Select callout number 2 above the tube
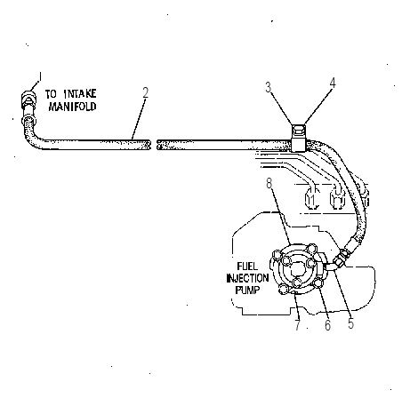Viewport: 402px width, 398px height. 145,92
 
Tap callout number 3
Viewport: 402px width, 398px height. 269,87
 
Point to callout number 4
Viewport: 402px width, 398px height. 333,84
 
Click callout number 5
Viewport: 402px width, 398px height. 351,323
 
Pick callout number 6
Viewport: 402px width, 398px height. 327,325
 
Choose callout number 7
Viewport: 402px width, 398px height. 298,325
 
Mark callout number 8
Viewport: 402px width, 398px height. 269,183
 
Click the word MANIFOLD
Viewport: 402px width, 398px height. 73,107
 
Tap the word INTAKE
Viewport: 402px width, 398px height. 80,94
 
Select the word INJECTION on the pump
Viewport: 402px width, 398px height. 247,278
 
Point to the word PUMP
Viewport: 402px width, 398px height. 247,291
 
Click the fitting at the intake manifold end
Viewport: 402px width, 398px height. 28,100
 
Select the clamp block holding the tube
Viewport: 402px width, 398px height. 298,139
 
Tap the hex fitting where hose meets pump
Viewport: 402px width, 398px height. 341,258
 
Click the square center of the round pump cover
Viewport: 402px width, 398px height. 297,269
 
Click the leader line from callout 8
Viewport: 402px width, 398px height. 281,216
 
